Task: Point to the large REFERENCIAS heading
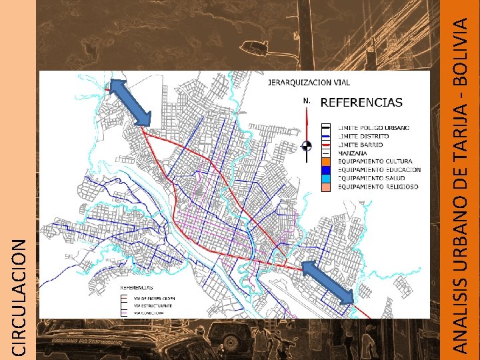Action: coord(362,103)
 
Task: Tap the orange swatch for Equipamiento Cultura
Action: coord(325,162)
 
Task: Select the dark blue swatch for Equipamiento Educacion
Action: coord(325,170)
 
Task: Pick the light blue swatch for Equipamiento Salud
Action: coord(325,179)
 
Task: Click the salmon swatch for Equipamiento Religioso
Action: coord(325,187)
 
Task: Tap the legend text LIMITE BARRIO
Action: coord(361,145)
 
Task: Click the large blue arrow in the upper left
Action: coord(131,102)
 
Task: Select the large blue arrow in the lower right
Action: coord(327,282)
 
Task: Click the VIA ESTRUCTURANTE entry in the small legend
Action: coord(150,304)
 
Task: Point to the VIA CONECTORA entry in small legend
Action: coord(147,312)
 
